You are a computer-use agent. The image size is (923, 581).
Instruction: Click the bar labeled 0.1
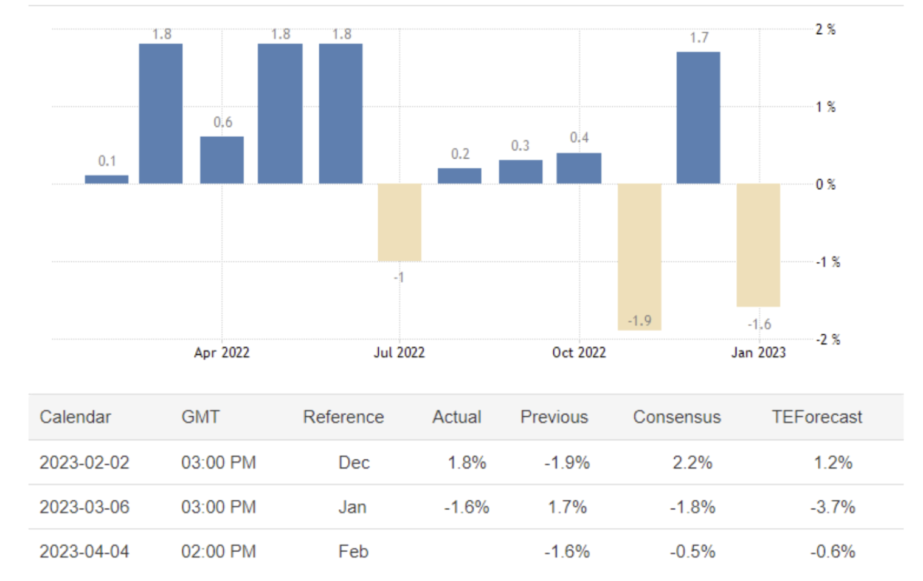[106, 179]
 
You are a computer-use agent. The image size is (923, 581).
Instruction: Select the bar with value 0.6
[222, 160]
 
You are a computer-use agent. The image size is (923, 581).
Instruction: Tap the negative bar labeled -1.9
[639, 256]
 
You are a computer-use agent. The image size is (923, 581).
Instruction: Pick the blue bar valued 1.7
[698, 118]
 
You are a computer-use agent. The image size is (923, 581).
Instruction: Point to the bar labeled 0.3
[520, 172]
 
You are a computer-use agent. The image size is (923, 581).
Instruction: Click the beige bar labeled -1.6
[758, 245]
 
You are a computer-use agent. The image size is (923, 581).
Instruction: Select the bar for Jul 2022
[399, 222]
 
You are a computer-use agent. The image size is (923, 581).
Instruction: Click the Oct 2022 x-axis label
[579, 352]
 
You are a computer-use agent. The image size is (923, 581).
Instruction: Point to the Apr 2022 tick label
[222, 352]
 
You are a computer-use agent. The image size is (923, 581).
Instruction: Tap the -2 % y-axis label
[828, 340]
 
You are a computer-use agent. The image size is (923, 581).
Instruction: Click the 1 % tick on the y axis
[825, 107]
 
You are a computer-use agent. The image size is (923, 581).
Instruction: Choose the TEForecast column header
[817, 417]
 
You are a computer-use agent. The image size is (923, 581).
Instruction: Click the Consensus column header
[677, 417]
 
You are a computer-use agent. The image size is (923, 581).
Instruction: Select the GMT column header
[200, 417]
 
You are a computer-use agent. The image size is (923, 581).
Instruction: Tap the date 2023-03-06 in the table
[85, 507]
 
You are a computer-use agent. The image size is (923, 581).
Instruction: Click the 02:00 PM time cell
[218, 551]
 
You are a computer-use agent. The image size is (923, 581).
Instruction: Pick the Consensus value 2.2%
[692, 462]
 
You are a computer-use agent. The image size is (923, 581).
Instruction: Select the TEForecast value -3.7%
[832, 507]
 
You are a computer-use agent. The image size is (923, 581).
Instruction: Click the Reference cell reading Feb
[353, 551]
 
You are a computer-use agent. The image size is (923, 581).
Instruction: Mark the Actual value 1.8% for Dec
[466, 462]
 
